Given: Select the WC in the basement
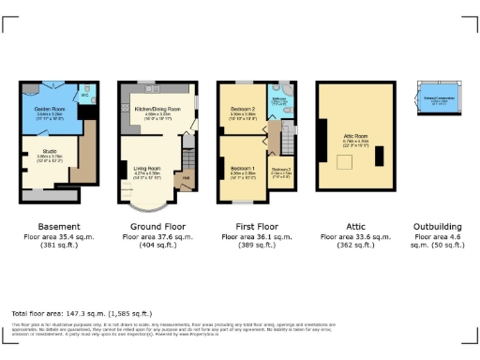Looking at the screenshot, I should point(84,97).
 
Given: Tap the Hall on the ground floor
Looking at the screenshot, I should point(186,178).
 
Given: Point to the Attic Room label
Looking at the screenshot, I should point(356,114).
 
